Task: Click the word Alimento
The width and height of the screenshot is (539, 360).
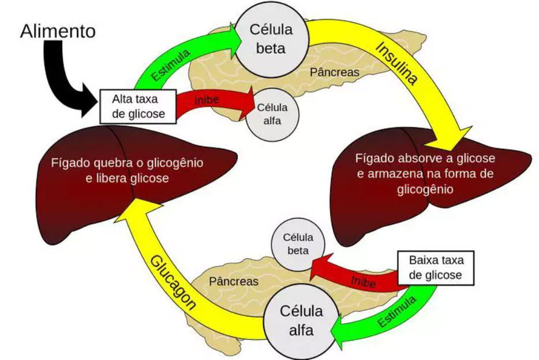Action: click(58, 32)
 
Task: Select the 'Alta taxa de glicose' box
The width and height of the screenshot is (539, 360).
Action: click(138, 107)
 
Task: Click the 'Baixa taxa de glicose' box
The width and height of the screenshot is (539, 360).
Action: click(435, 267)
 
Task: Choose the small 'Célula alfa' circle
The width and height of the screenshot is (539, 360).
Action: click(272, 114)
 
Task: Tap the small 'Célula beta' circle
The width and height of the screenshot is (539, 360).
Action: click(298, 244)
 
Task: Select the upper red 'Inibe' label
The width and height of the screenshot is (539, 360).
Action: click(206, 100)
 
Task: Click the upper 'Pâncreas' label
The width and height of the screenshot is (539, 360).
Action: click(334, 72)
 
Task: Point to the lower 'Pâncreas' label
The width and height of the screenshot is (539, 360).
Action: click(234, 282)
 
